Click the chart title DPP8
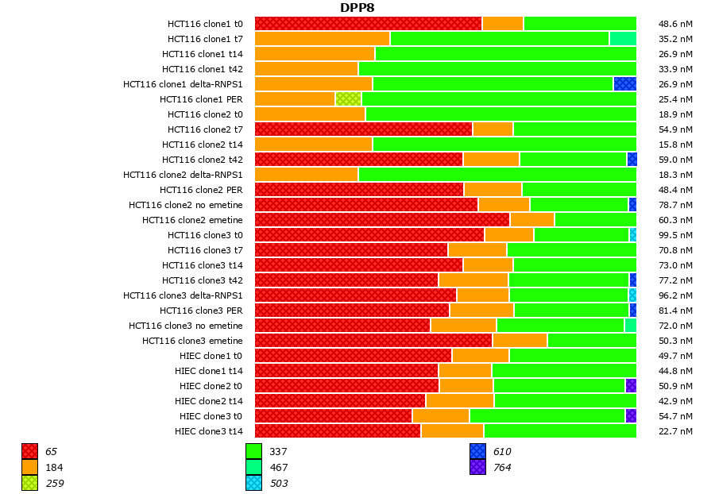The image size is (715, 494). [x=357, y=8]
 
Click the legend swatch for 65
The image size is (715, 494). [x=29, y=452]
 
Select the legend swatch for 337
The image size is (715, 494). [x=253, y=452]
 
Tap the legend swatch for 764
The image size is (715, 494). [x=477, y=468]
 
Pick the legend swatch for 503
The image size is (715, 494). [x=253, y=483]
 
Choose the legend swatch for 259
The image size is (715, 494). [x=29, y=483]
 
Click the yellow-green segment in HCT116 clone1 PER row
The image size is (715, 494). [x=348, y=99]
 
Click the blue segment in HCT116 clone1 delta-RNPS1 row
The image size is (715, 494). [x=624, y=84]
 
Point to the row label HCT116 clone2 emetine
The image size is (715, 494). [x=192, y=220]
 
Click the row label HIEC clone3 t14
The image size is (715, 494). [x=208, y=431]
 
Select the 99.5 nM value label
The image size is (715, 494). [x=675, y=235]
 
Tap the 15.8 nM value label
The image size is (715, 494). [x=675, y=145]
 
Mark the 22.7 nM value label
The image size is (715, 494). [x=675, y=431]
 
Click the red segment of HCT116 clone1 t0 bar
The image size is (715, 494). [x=368, y=24]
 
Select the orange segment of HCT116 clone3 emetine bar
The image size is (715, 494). [x=520, y=341]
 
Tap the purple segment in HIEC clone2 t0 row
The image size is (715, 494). [x=631, y=386]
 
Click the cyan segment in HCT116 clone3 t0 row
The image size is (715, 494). [x=632, y=235]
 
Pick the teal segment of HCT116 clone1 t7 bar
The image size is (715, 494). [x=623, y=39]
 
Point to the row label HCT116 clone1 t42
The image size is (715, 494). [x=202, y=69]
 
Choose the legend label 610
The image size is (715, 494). [x=501, y=452]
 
